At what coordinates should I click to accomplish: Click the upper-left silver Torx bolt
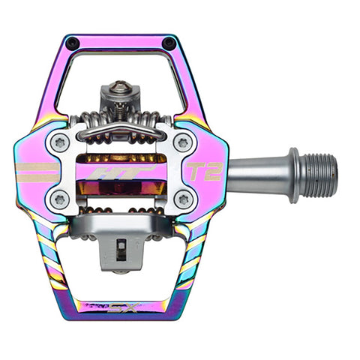coord(60,143)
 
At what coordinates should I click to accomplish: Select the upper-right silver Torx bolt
coord(182,142)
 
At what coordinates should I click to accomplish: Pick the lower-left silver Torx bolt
coord(60,199)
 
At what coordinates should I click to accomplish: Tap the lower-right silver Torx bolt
coord(182,199)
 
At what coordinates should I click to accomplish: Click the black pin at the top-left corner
coord(72,43)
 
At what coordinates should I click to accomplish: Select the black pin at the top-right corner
coord(169,43)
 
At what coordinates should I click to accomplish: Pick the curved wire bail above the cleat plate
coord(121,132)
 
